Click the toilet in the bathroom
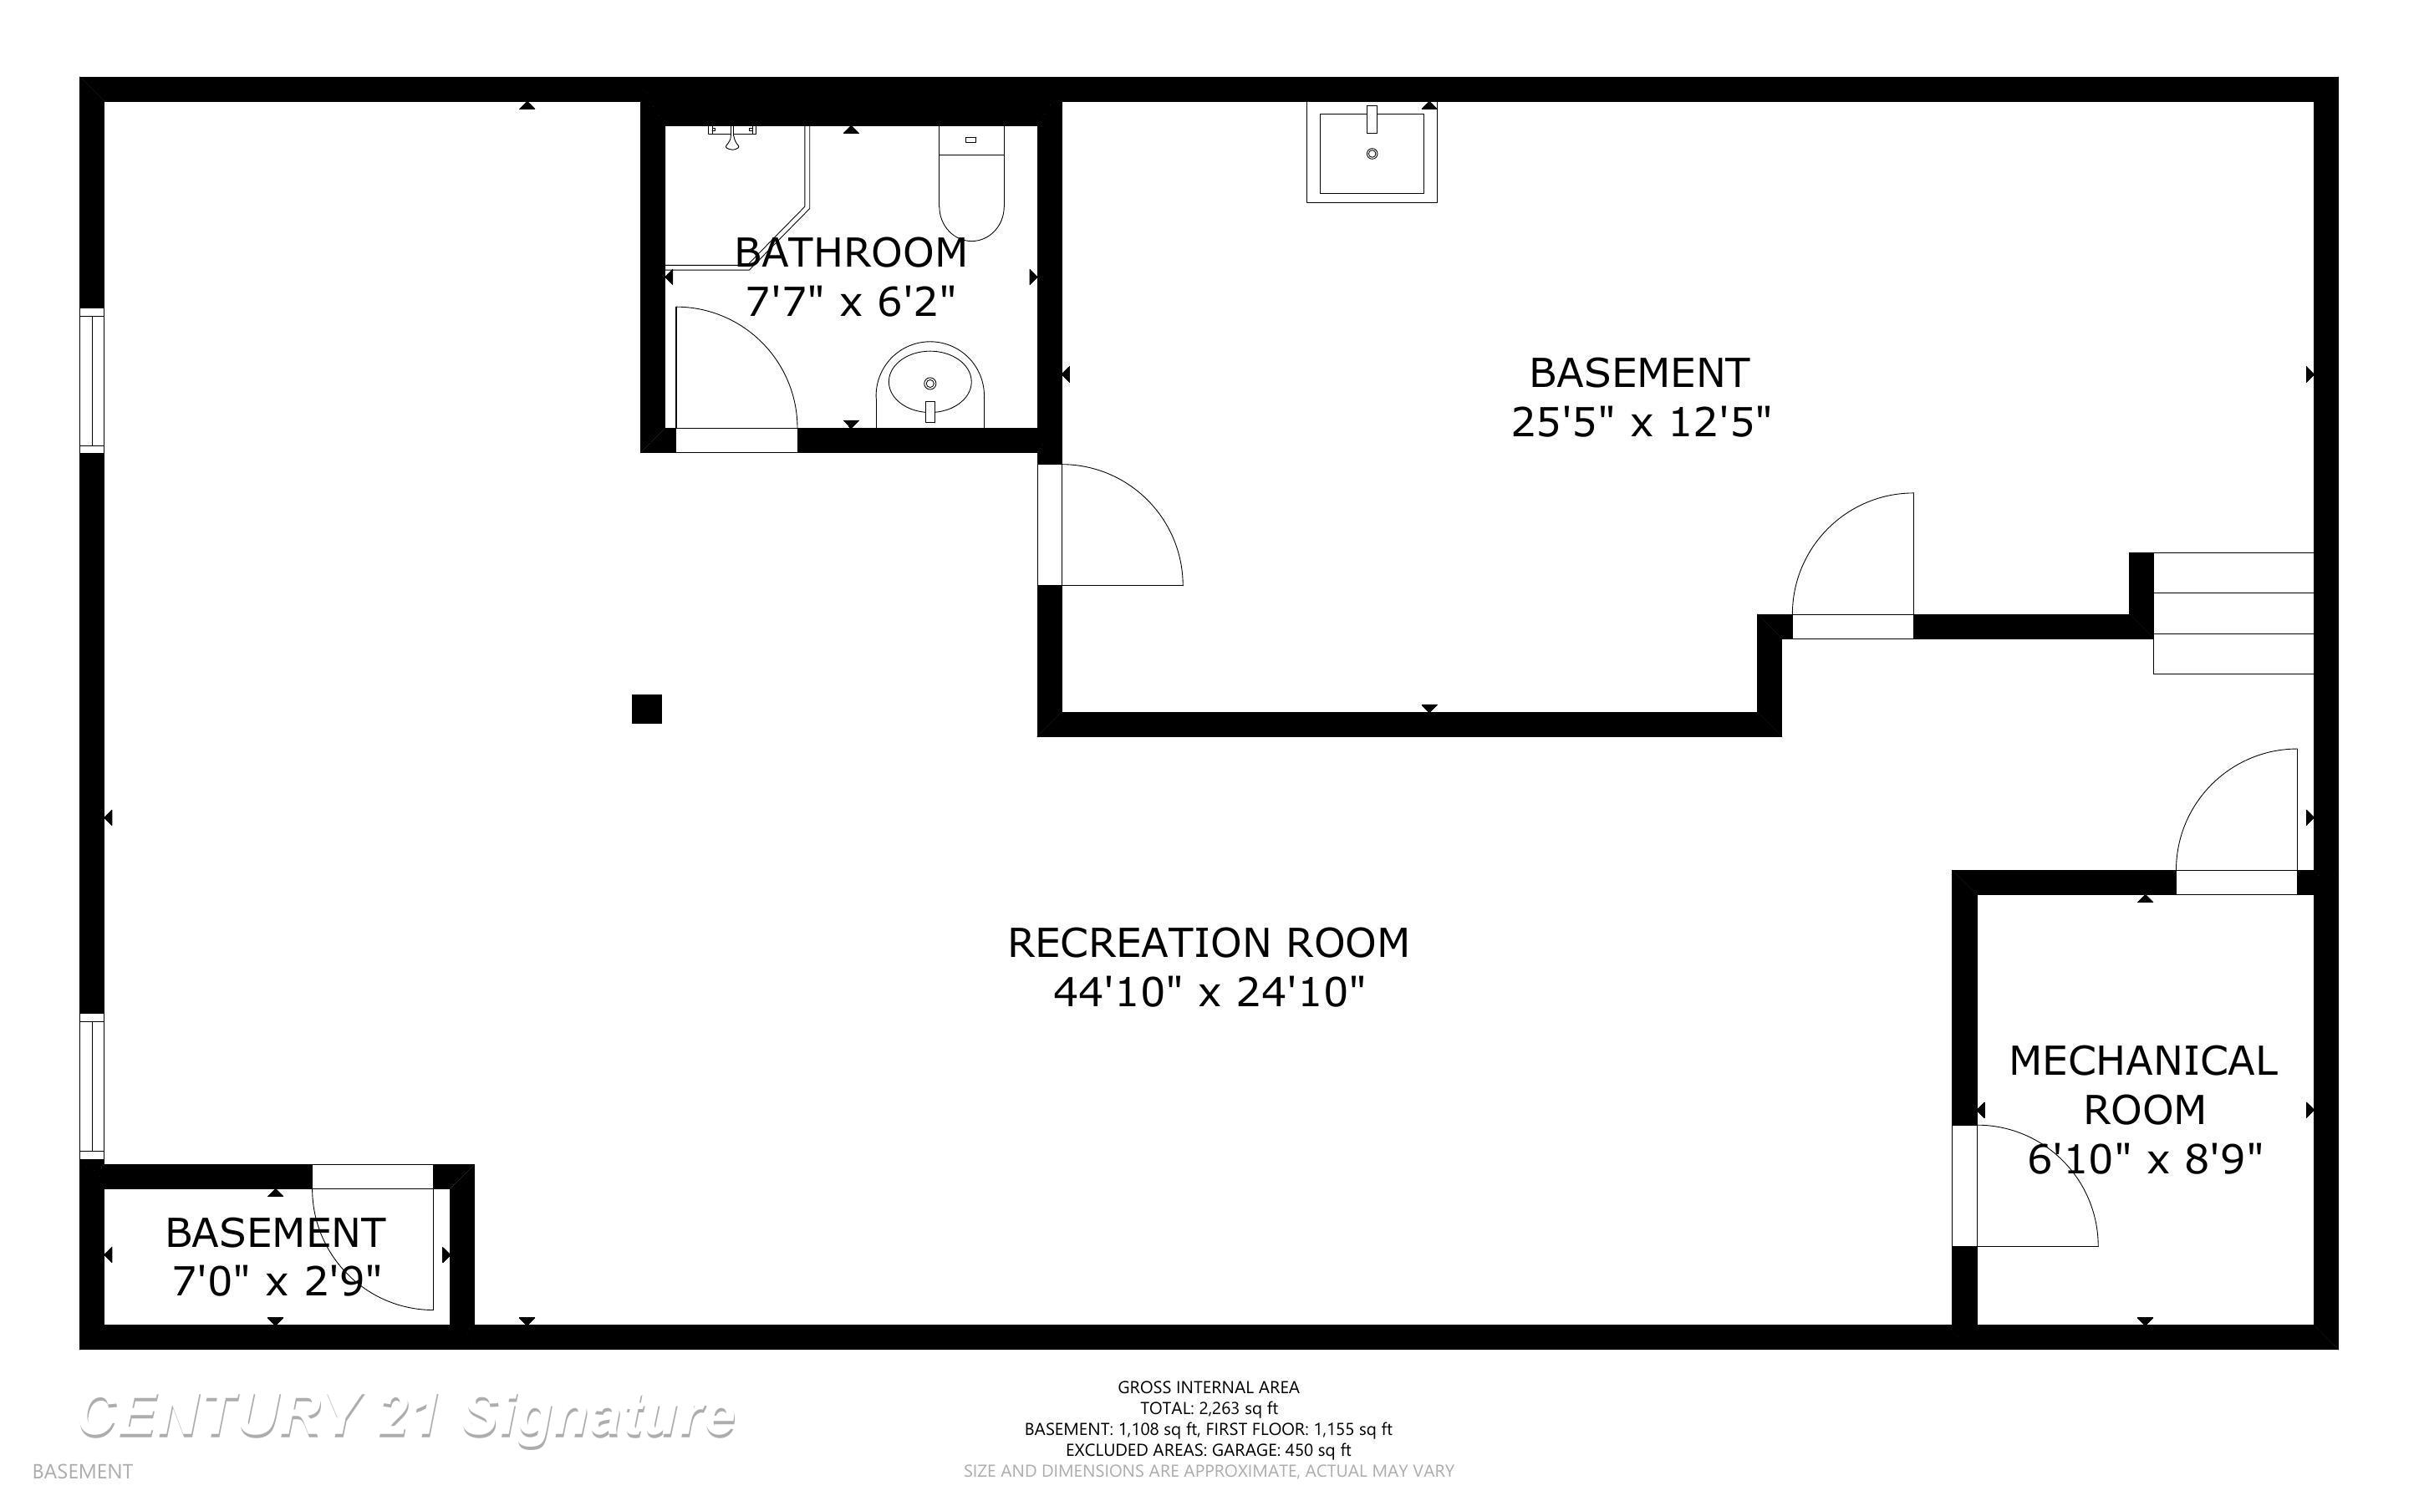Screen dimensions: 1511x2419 pyautogui.click(x=970, y=185)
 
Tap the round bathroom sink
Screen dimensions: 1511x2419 pyautogui.click(x=930, y=384)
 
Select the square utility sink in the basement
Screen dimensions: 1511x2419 pyautogui.click(x=1371, y=153)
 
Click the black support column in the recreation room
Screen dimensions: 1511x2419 pyautogui.click(x=646, y=709)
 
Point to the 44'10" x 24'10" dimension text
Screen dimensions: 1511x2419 pyautogui.click(x=1208, y=992)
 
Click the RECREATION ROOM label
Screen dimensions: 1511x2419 pyautogui.click(x=1208, y=943)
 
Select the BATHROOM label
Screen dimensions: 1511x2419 pyautogui.click(x=850, y=253)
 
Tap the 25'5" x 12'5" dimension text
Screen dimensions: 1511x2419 pyautogui.click(x=1640, y=423)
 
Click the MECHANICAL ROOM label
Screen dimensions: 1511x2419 pyautogui.click(x=2143, y=1084)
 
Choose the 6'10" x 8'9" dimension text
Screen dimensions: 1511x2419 pyautogui.click(x=2144, y=1159)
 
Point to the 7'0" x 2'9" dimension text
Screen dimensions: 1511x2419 pyautogui.click(x=276, y=1281)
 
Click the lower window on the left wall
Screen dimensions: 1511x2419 pyautogui.click(x=91, y=1086)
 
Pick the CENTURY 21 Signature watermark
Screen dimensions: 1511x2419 pyautogui.click(x=407, y=1417)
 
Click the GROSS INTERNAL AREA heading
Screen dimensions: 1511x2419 pyautogui.click(x=1208, y=1387)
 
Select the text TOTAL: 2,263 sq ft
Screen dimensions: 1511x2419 pyautogui.click(x=1208, y=1408)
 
